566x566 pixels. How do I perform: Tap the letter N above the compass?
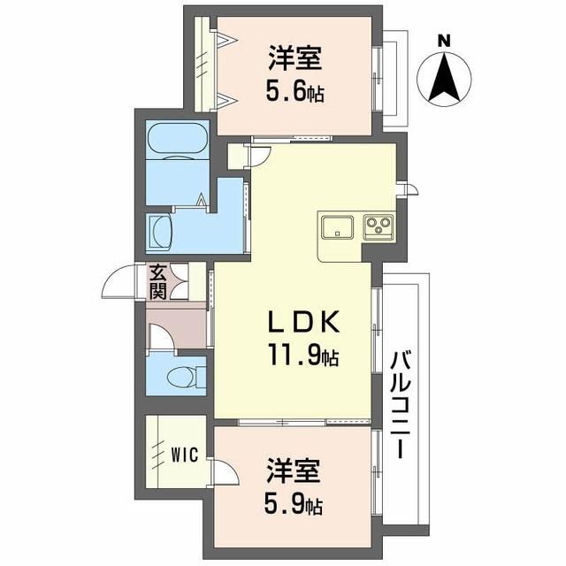pyautogui.click(x=444, y=39)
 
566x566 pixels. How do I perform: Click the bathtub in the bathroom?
pyautogui.click(x=177, y=141)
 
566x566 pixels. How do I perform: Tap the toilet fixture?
pyautogui.click(x=184, y=376)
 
